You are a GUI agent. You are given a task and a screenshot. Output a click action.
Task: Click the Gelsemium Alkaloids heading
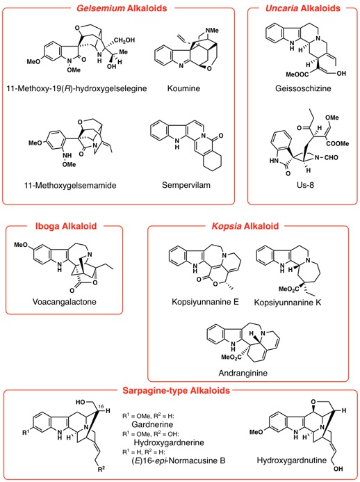(x=122, y=8)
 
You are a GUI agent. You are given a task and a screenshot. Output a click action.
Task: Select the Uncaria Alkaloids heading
(x=303, y=8)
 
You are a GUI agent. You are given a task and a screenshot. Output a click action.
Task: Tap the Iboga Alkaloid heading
(x=66, y=226)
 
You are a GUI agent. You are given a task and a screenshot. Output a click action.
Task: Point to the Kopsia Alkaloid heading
(x=245, y=226)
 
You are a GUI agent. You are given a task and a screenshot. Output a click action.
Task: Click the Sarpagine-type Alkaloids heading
(x=177, y=390)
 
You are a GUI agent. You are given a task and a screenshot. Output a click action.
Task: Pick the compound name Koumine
(x=183, y=88)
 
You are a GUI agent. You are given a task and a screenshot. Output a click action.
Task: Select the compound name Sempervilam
(x=186, y=185)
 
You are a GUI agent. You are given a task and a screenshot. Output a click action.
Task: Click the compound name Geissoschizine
(x=303, y=88)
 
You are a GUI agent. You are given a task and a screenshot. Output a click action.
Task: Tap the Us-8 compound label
(x=305, y=185)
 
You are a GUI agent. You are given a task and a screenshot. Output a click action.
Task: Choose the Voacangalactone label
(x=65, y=302)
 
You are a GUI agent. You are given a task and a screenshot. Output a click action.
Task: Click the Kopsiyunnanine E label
(x=205, y=302)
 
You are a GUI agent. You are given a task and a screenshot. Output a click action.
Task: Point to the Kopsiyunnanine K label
(x=288, y=302)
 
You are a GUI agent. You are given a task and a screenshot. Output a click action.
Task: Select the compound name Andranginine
(x=243, y=373)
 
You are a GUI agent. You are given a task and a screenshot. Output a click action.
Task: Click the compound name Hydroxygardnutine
(x=291, y=460)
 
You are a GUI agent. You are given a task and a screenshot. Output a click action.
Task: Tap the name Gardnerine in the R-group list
(x=152, y=424)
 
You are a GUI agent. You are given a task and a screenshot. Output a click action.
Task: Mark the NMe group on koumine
(x=212, y=31)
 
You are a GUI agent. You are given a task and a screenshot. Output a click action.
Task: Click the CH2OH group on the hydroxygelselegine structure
(x=124, y=40)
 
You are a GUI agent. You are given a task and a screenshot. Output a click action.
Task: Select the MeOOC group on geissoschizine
(x=297, y=74)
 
